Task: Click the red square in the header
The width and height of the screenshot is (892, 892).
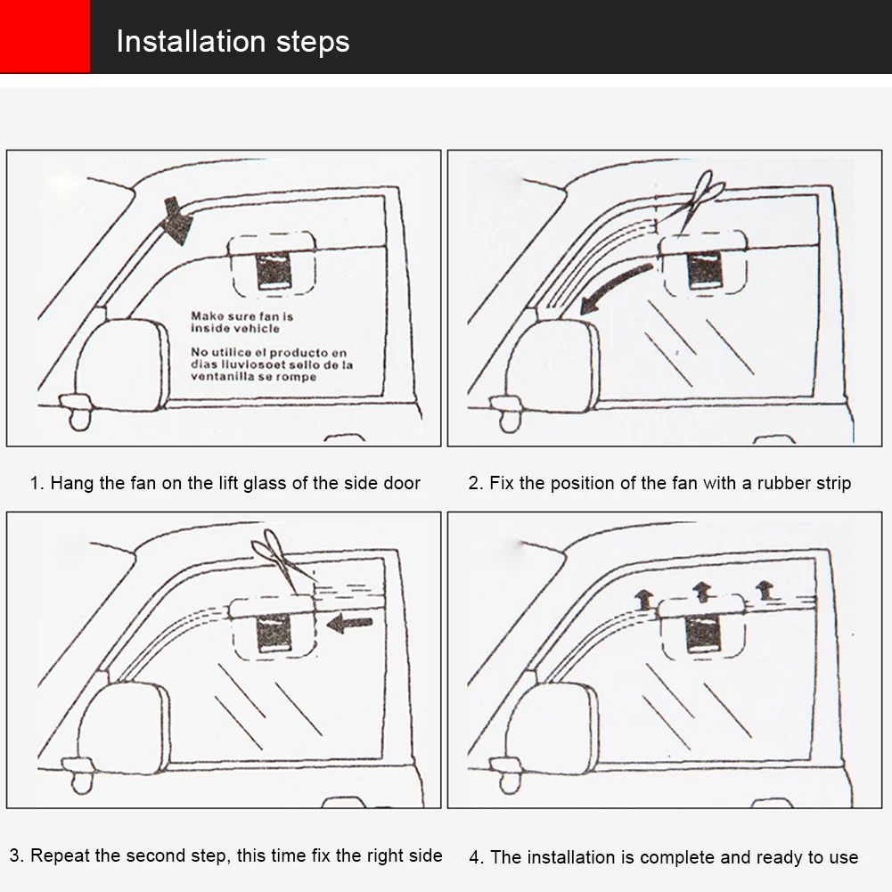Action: [x=45, y=37]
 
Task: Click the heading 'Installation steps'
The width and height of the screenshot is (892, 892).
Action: [x=233, y=41]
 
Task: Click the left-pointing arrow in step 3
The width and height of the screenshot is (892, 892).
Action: [x=349, y=625]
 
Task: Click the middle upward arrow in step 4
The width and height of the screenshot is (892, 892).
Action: [x=702, y=590]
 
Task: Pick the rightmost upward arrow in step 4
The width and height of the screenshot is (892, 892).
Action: [x=764, y=589]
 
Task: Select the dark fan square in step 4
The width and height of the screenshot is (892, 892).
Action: [x=704, y=634]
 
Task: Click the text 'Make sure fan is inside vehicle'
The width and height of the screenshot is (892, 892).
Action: [x=241, y=323]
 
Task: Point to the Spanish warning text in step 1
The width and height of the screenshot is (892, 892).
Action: [x=272, y=364]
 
